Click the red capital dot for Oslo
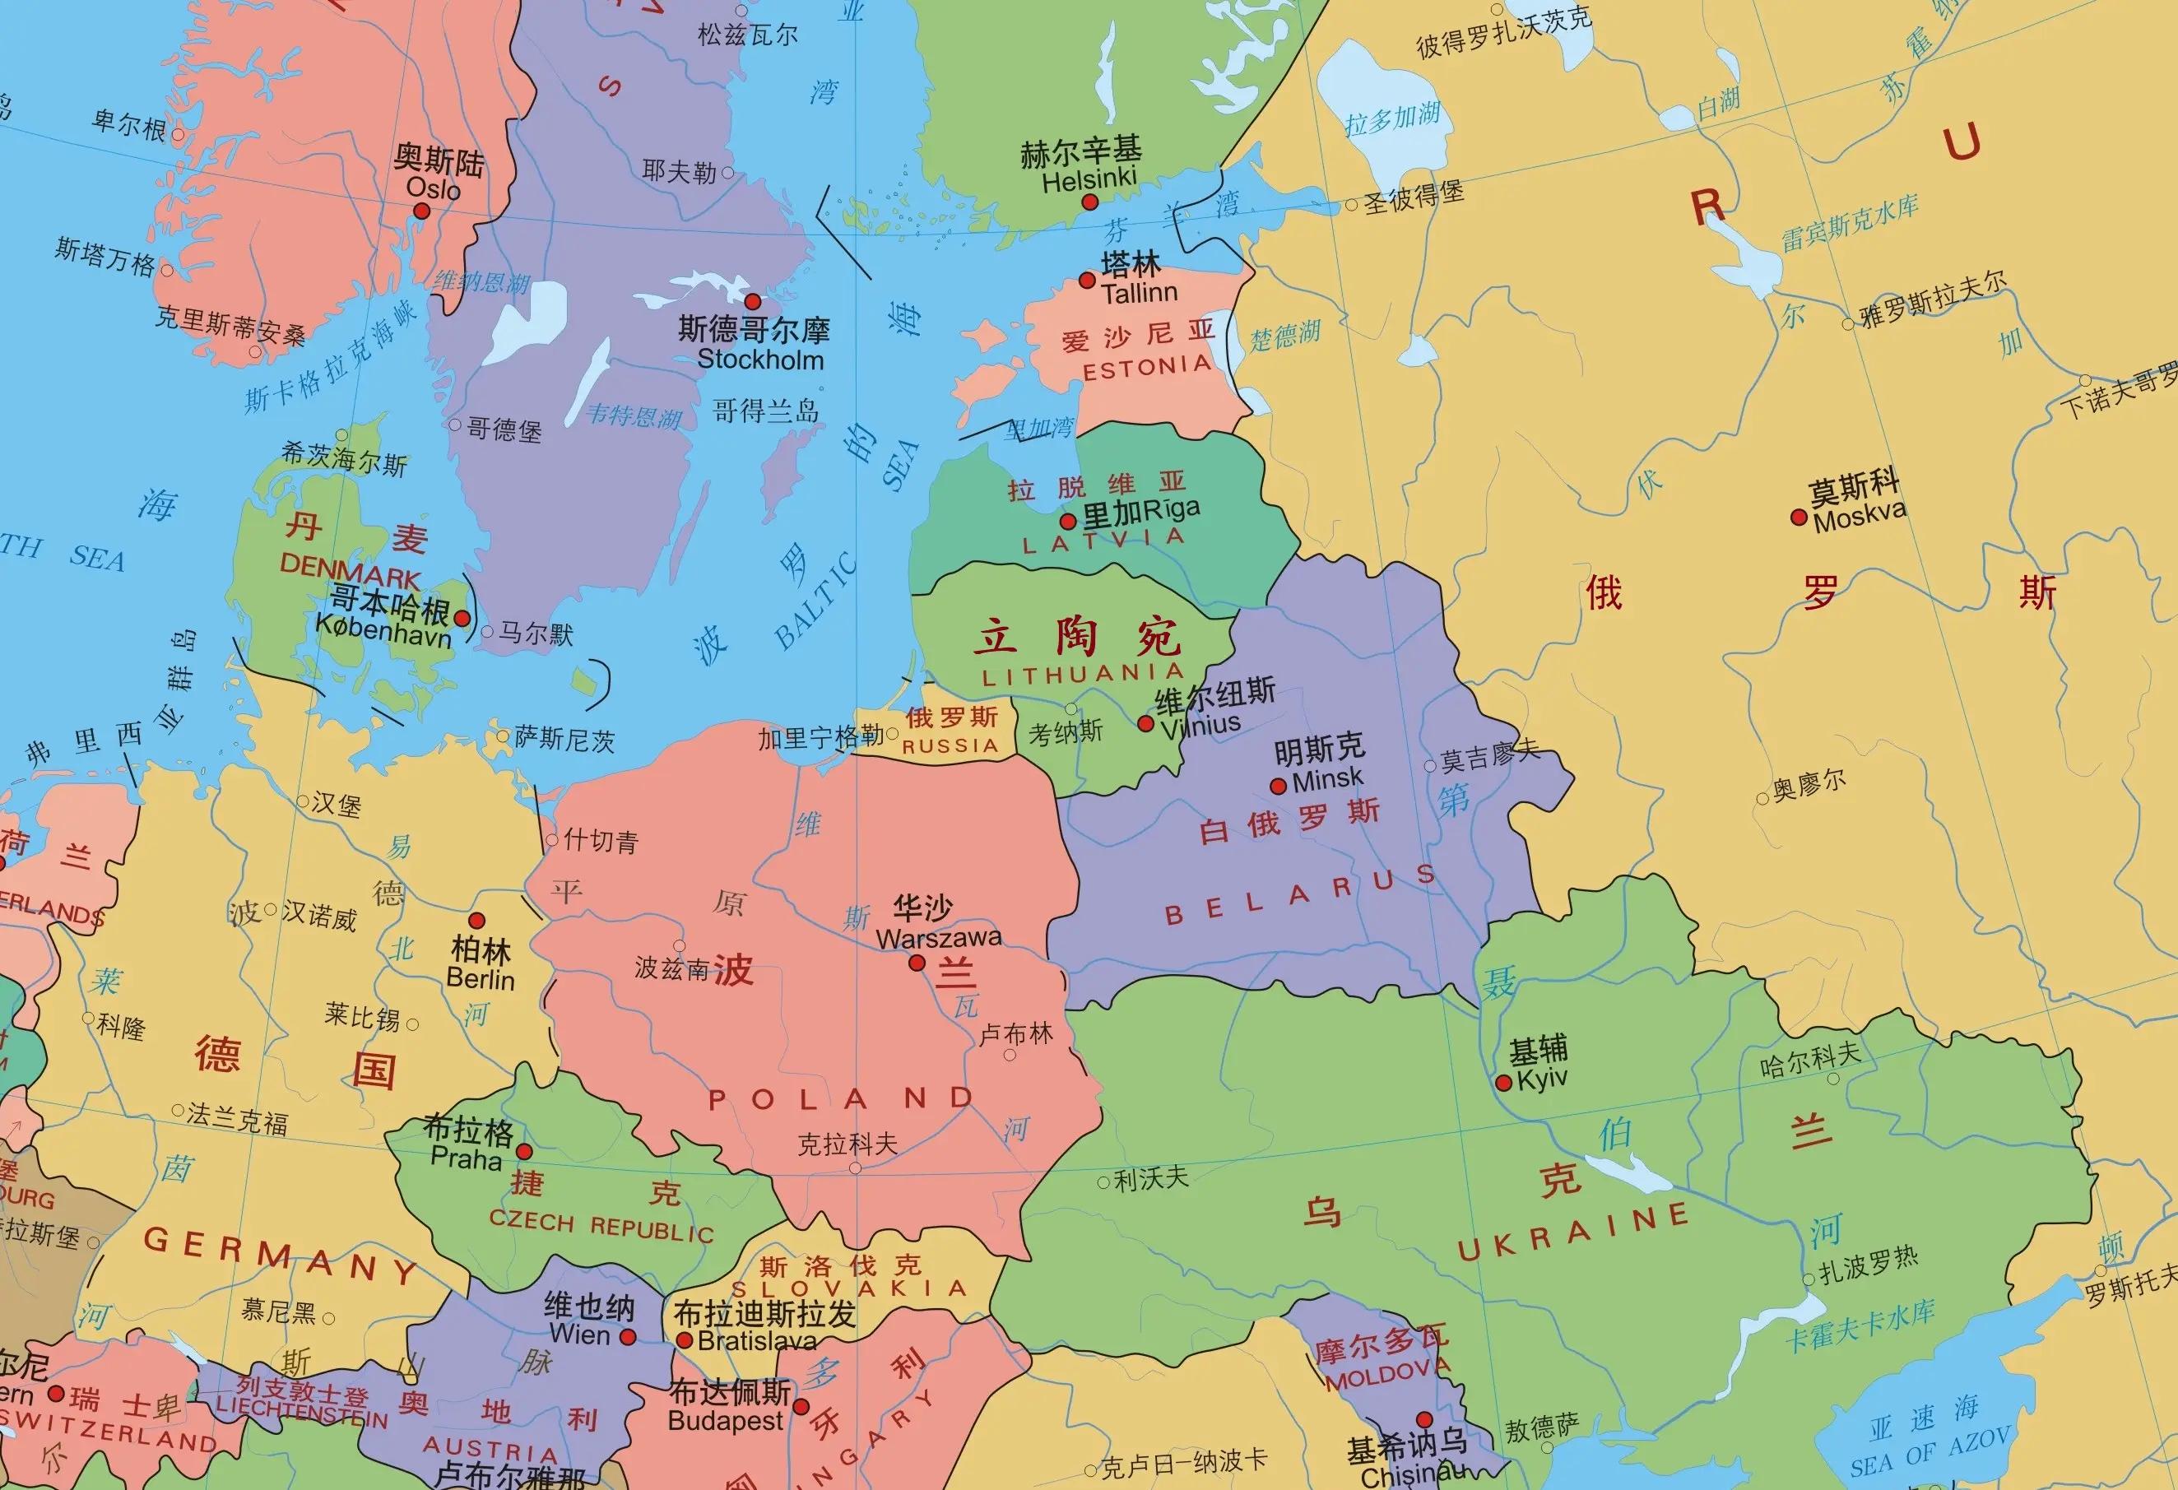click(422, 211)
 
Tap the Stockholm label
click(760, 360)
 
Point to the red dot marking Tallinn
click(1087, 281)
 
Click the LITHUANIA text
click(1083, 674)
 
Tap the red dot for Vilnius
click(1145, 723)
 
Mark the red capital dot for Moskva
click(1799, 518)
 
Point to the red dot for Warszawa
click(917, 963)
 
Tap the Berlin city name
click(480, 979)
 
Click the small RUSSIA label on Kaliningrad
click(950, 746)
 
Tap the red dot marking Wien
click(628, 1337)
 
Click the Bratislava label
click(756, 1342)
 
